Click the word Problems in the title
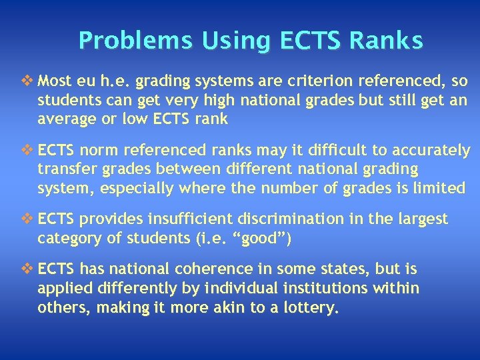click(x=125, y=41)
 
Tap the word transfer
click(x=65, y=169)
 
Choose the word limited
click(x=437, y=188)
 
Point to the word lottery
click(x=315, y=308)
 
